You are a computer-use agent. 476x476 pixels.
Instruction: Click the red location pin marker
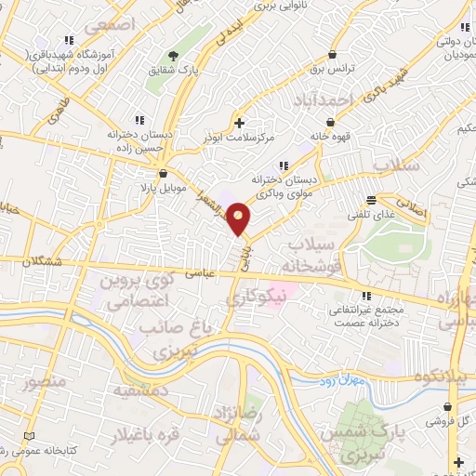(239, 218)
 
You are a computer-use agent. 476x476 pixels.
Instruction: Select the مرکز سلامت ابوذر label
(241, 138)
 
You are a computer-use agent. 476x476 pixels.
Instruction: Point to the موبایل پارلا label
(164, 188)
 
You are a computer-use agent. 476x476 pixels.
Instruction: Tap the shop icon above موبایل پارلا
(164, 173)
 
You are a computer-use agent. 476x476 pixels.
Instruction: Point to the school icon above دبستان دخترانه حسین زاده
(139, 119)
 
